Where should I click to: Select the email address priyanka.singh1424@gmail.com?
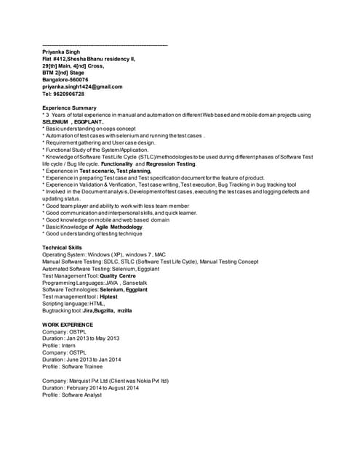coord(82,86)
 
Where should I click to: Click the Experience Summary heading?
coord(74,108)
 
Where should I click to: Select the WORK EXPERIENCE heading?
coord(68,324)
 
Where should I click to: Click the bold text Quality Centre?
coord(118,276)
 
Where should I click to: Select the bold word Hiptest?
coord(109,296)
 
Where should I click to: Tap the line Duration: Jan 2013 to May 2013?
coord(81,339)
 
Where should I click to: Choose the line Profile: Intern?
coord(63,345)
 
